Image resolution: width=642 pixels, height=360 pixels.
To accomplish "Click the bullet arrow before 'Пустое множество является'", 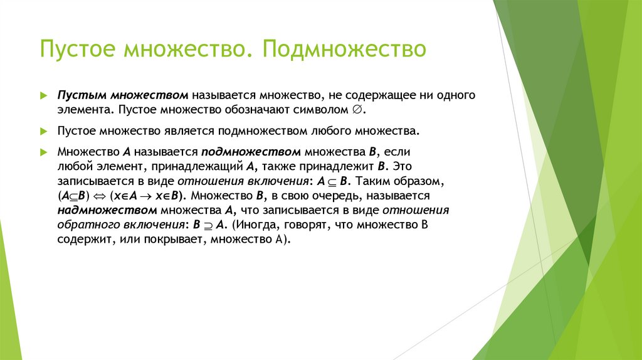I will point(43,132).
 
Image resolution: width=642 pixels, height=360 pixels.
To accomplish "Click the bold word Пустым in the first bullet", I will point(82,95).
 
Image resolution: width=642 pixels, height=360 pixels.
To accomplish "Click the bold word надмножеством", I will point(107,210).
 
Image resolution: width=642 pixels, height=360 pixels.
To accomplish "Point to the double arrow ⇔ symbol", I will point(101,196).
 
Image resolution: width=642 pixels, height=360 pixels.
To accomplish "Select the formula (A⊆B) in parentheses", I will point(75,196).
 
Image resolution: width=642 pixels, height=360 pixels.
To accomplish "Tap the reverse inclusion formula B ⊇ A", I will point(211,225).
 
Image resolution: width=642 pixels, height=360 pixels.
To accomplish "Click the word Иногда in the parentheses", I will point(257,225).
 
